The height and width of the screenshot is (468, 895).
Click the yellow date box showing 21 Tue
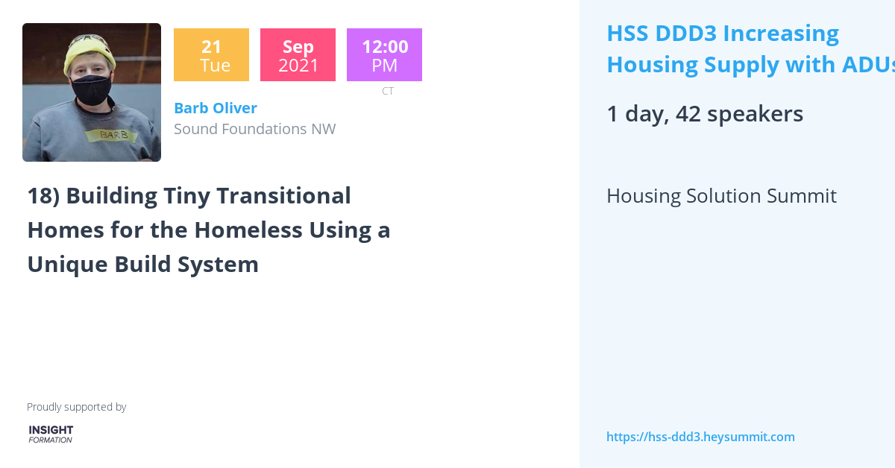coord(211,55)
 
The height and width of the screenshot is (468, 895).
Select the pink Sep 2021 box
coord(298,55)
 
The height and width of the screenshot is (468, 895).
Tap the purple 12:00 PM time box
coord(384,55)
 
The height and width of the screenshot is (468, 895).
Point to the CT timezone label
coord(388,91)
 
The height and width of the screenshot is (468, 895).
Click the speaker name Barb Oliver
coord(216,108)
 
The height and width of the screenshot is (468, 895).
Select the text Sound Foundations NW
coord(254,129)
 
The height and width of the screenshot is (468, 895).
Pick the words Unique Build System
coord(142,265)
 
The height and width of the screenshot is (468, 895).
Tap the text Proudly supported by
coord(76,407)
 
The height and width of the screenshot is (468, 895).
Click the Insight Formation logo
coord(51,434)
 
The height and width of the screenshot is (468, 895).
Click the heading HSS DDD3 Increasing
coord(722,34)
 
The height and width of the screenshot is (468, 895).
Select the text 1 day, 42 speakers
coord(704,114)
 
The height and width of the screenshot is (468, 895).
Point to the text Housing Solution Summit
coord(720,196)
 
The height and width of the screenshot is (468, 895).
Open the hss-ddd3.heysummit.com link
coord(700,437)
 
